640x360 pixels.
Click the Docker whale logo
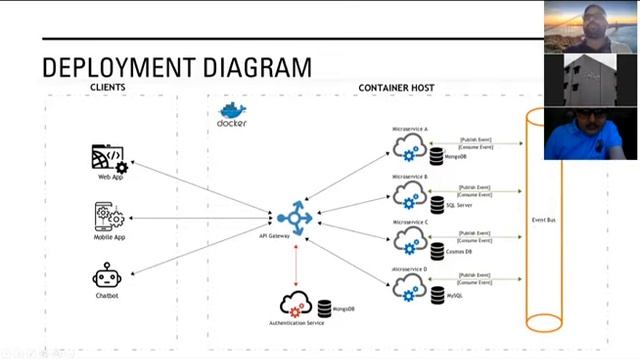[x=232, y=112]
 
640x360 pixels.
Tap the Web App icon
[x=108, y=159]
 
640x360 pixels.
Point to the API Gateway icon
[x=295, y=217]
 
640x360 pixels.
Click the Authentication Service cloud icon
[x=296, y=304]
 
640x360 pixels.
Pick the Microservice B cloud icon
[x=409, y=193]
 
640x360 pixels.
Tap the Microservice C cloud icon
[x=409, y=240]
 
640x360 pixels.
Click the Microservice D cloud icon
[x=409, y=287]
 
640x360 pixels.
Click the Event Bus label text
[x=544, y=218]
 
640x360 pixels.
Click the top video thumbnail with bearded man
[x=590, y=25]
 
